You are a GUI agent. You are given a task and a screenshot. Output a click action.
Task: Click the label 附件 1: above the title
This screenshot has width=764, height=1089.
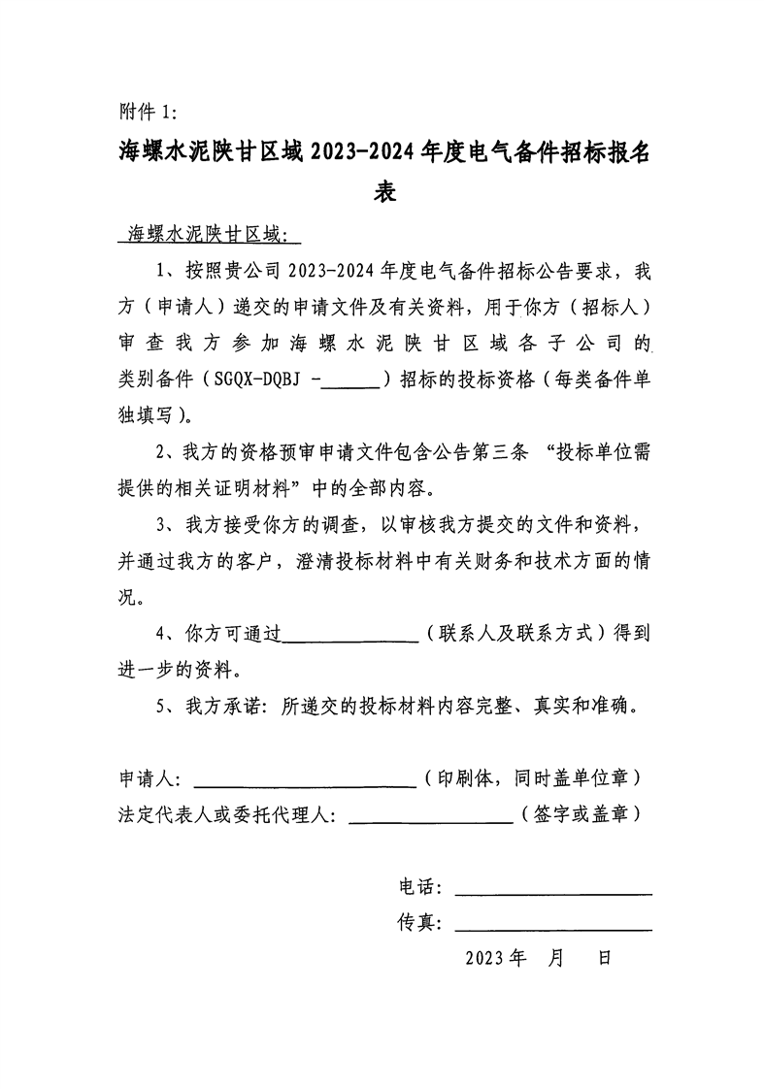point(148,110)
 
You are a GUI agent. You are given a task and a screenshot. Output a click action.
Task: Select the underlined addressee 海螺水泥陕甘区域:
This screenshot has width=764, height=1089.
point(208,234)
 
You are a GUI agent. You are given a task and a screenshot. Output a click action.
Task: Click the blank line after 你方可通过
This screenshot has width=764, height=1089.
point(349,635)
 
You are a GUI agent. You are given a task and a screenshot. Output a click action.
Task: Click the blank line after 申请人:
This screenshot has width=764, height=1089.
point(306,779)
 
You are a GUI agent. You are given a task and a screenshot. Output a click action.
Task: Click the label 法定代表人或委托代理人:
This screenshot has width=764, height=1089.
point(227,815)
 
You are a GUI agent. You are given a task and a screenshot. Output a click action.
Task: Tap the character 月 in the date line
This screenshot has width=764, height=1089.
point(555,959)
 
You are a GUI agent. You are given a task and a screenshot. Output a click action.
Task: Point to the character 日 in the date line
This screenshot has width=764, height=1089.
point(604,959)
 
